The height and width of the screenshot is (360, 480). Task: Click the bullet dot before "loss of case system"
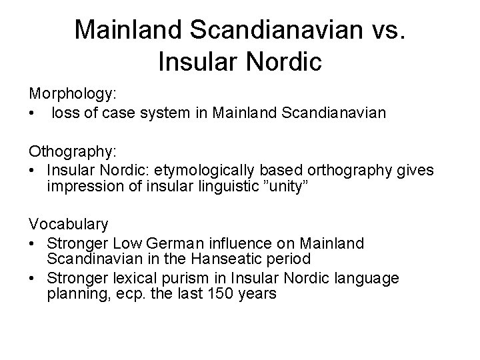(x=32, y=115)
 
